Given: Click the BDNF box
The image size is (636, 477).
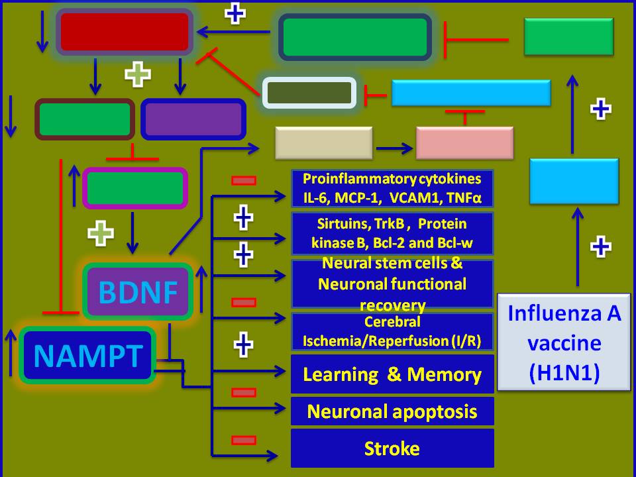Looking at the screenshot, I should coord(138,291).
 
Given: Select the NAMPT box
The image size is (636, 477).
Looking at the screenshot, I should coord(87,355).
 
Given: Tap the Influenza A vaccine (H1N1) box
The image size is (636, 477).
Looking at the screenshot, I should coord(564,342).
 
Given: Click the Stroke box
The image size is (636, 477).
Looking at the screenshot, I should coord(392,449).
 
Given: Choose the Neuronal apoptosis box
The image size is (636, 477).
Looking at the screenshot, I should coord(392,411).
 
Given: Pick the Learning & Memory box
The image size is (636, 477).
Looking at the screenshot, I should coord(392,374).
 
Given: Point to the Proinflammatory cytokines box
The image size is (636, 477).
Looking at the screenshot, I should coord(392,188).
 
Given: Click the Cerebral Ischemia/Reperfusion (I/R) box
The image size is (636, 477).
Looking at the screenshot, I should coord(392,332).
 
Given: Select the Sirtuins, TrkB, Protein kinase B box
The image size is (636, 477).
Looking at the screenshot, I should coord(392,233).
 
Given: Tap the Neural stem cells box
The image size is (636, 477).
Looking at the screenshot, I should coord(392,284).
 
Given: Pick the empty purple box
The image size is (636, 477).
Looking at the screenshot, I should coord(193,119).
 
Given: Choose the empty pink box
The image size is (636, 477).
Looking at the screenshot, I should coord(464,142).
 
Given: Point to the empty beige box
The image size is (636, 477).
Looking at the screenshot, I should coord(323,142).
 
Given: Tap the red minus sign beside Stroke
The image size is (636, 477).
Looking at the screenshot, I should coord(244,440).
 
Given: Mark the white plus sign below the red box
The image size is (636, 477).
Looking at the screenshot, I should coord(138,74).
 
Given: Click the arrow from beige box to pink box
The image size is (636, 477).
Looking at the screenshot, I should coord(394,142).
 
